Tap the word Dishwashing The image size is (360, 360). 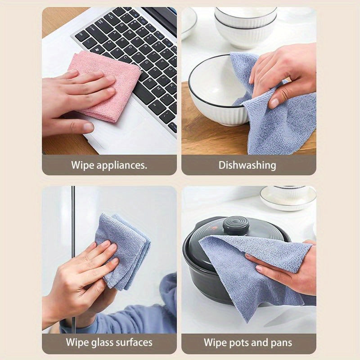click(x=247, y=165)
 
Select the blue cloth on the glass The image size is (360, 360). click(x=124, y=250)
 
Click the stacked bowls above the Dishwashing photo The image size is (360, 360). click(x=245, y=25)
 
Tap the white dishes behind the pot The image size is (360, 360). click(x=288, y=198)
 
